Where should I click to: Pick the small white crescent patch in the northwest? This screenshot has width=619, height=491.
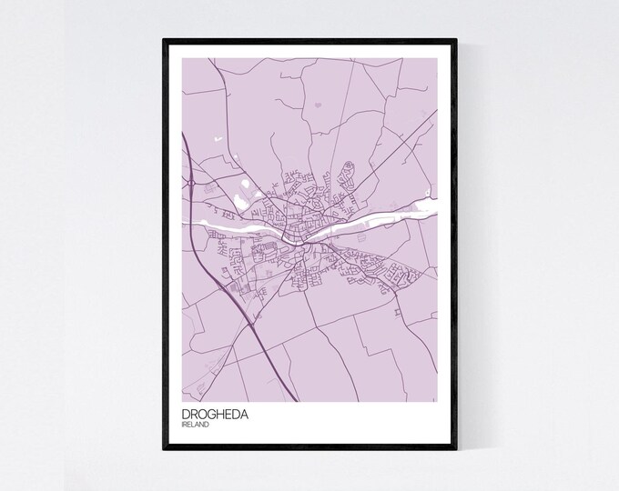(218, 139)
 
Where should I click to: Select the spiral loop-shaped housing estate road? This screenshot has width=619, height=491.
(346, 168)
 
